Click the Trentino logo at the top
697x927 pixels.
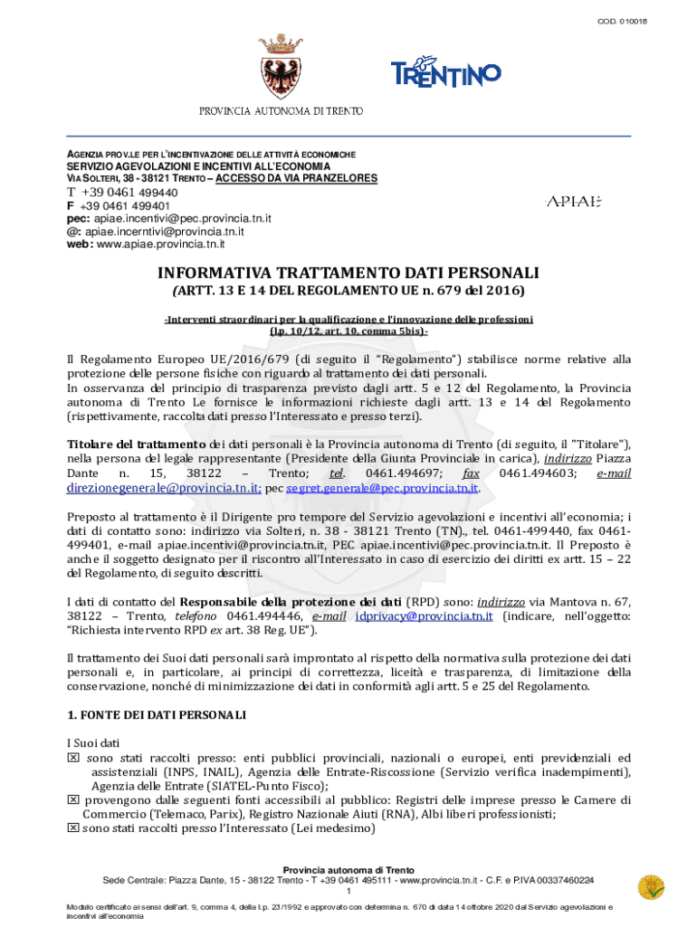(444, 72)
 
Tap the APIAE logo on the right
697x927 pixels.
(573, 201)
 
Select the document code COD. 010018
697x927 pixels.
(646, 21)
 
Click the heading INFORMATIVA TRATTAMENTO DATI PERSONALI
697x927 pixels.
(348, 272)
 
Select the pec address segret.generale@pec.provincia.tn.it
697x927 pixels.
(382, 488)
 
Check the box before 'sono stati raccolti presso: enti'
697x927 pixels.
(74, 758)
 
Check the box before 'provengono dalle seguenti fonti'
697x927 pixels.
(74, 800)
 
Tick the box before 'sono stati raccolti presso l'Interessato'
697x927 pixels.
(74, 828)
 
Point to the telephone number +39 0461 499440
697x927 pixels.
(130, 192)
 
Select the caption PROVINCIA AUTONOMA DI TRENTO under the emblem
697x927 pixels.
(282, 111)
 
